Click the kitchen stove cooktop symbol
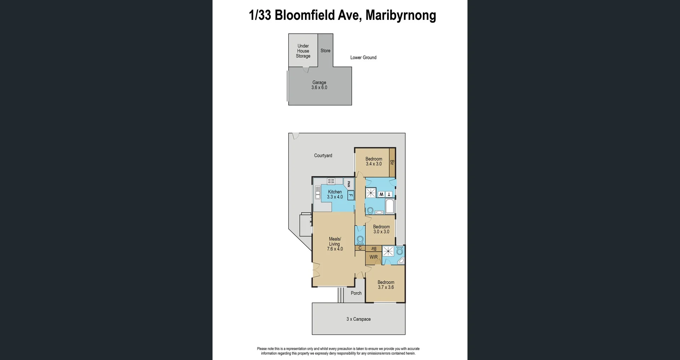[331, 181]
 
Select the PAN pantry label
[349, 184]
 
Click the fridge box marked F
[351, 195]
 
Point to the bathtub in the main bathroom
[390, 206]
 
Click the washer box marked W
[381, 194]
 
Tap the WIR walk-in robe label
[374, 257]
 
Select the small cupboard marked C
[360, 248]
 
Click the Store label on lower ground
[325, 51]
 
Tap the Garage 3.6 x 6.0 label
[319, 85]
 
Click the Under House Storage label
[303, 51]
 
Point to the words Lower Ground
[363, 57]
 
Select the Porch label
[356, 293]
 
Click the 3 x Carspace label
[358, 319]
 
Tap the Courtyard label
[323, 155]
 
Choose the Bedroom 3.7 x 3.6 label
[386, 285]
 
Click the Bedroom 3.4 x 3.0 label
[374, 161]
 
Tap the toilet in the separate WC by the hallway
[360, 240]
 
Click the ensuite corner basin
[401, 261]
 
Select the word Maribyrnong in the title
[401, 15]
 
